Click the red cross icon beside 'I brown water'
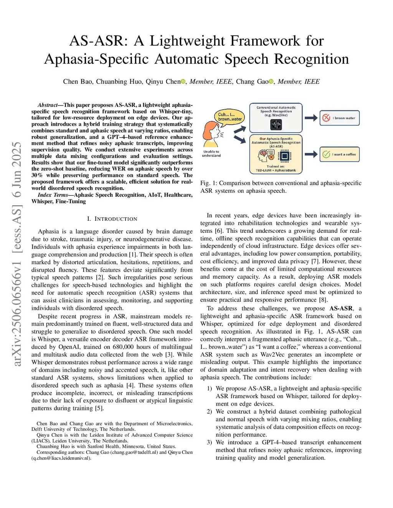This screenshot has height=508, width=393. pos(326,118)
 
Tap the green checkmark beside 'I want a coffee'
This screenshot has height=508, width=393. pos(326,154)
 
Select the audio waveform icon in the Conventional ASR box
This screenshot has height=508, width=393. pos(276,125)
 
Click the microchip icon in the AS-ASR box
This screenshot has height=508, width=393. pos(284,156)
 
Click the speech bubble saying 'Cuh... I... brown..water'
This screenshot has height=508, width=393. pos(230,117)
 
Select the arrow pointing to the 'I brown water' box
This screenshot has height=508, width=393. pos(311,118)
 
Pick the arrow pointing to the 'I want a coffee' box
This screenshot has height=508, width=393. pos(311,154)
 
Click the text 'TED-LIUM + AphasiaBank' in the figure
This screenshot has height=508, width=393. pos(276,170)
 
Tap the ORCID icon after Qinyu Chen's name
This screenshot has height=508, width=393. pos(183,81)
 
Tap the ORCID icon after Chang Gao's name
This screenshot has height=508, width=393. pos(271,81)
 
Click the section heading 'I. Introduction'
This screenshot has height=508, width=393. pos(112,219)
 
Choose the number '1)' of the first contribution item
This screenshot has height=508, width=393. pos(210,388)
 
